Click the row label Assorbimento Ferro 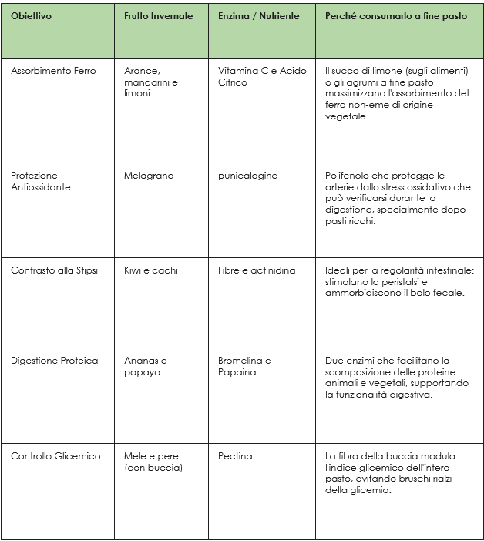pyautogui.click(x=53, y=71)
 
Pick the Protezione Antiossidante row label pyautogui.click(x=40, y=181)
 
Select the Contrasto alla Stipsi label pyautogui.click(x=54, y=270)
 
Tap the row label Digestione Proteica pyautogui.click(x=54, y=361)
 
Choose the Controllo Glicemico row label pyautogui.click(x=55, y=456)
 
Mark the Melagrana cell pyautogui.click(x=149, y=176)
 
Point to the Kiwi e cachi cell pyautogui.click(x=150, y=270)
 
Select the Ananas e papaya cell pyautogui.click(x=146, y=366)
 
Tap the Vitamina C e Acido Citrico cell pyautogui.click(x=262, y=76)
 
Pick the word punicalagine pyautogui.click(x=247, y=176)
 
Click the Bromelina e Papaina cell pyautogui.click(x=244, y=366)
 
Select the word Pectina pyautogui.click(x=235, y=456)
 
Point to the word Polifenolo pyautogui.click(x=347, y=176)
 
